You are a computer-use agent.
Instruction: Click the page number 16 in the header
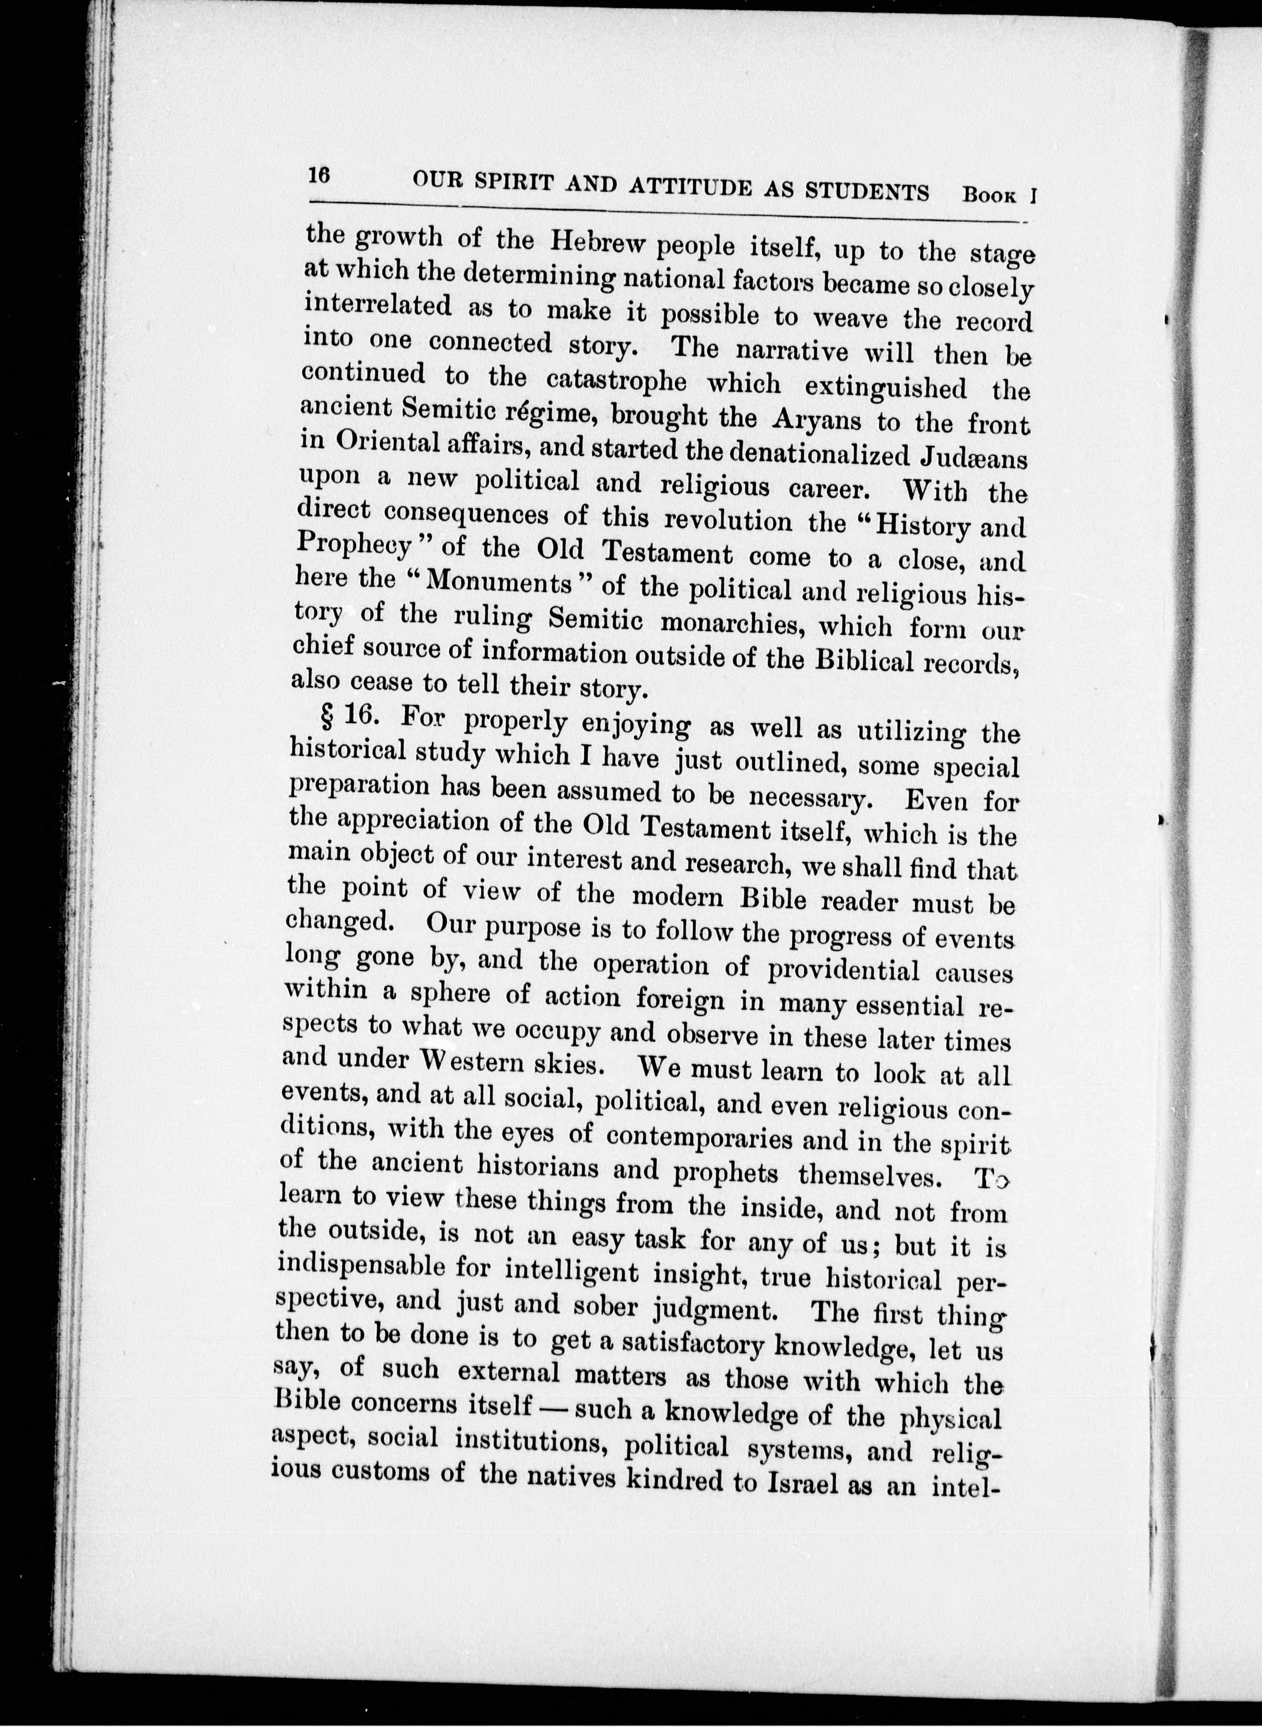pyautogui.click(x=319, y=175)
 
